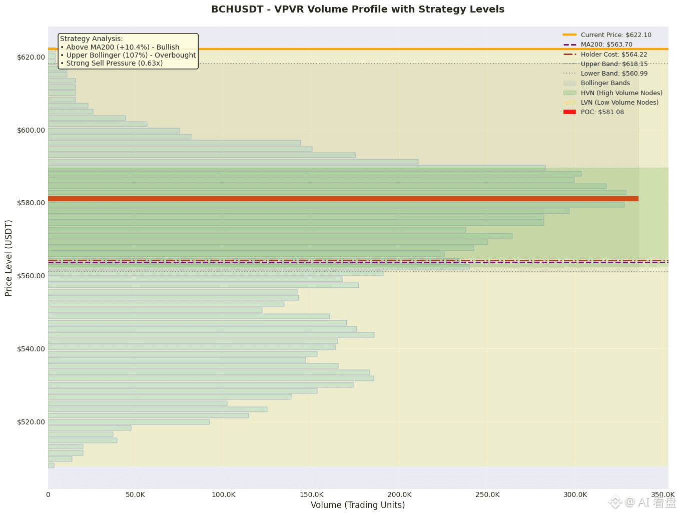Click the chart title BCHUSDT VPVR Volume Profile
[358, 9]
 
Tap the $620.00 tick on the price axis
[31, 57]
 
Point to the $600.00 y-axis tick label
[31, 130]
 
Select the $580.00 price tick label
[31, 203]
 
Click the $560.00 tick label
[31, 276]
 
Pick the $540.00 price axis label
[31, 349]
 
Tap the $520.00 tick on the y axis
[31, 422]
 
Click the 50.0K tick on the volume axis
[136, 494]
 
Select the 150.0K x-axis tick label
[311, 494]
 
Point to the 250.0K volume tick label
[487, 494]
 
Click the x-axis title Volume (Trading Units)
[358, 504]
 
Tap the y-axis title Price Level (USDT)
[9, 258]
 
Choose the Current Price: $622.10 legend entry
[616, 35]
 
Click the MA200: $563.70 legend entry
[606, 45]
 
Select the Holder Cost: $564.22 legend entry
[614, 54]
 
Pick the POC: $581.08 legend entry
[602, 112]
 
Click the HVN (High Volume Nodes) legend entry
[621, 93]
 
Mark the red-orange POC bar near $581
[343, 199]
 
